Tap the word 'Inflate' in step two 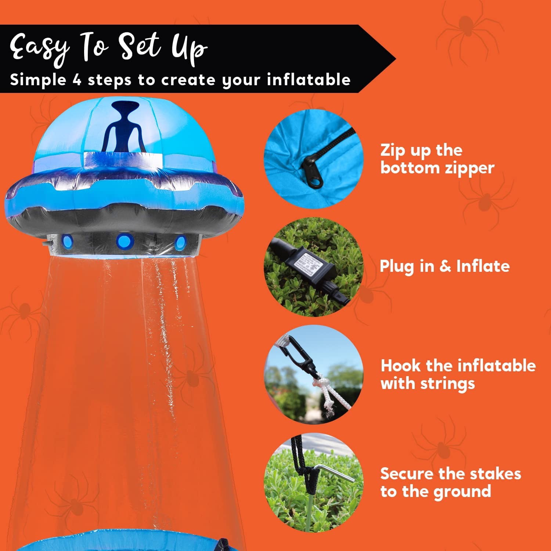(483, 266)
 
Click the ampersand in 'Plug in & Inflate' (445, 266)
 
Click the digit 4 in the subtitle (77, 80)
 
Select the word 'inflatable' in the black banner (309, 80)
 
